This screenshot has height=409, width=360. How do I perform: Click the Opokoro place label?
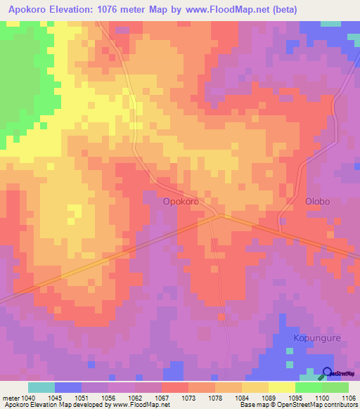pyautogui.click(x=180, y=201)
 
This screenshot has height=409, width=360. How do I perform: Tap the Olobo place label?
pyautogui.click(x=317, y=201)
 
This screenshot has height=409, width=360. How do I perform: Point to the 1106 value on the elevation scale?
pyautogui.click(x=349, y=398)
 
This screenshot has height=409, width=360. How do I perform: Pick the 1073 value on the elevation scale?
pyautogui.click(x=188, y=398)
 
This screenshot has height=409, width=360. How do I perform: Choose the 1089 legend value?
pyautogui.click(x=269, y=398)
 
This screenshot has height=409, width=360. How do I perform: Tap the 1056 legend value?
pyautogui.click(x=108, y=398)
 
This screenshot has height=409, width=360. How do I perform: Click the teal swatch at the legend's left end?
pyautogui.click(x=41, y=387)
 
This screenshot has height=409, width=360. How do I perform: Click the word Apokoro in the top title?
pyautogui.click(x=32, y=10)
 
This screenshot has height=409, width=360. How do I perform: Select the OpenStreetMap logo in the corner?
pyautogui.click(x=340, y=374)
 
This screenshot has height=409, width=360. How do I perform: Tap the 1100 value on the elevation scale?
pyautogui.click(x=322, y=398)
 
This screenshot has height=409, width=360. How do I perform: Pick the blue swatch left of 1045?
pyautogui.click(x=68, y=387)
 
